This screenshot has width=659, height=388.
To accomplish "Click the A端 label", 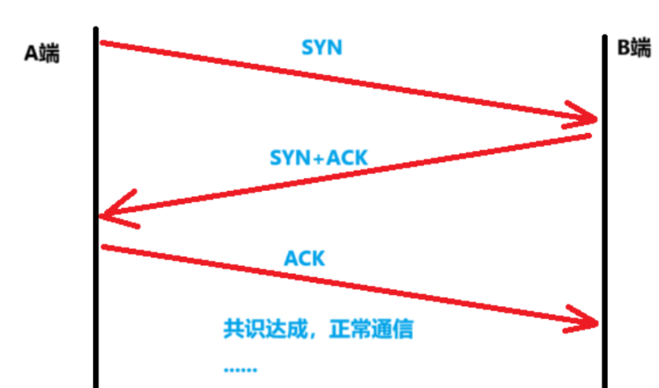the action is (x=42, y=53).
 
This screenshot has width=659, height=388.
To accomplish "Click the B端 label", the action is (x=633, y=48).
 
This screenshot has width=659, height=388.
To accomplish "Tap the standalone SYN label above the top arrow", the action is (x=322, y=47).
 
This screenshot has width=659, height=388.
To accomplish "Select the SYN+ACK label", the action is (x=319, y=158).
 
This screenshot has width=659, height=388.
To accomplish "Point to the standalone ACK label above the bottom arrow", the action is (x=304, y=257).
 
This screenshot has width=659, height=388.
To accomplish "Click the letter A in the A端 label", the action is (x=30, y=53).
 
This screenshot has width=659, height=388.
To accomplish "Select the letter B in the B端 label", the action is (x=622, y=48).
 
